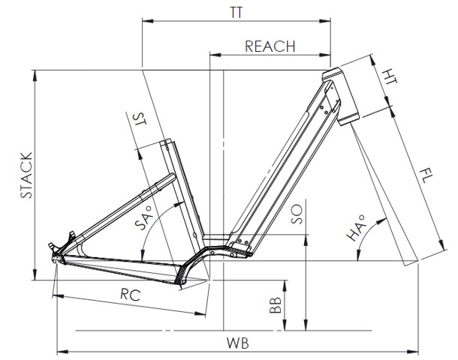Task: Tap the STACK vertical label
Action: [27, 175]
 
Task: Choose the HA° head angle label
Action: [358, 228]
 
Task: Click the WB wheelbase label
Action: [238, 343]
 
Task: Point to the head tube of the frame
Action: [342, 96]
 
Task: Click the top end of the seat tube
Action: [167, 142]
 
